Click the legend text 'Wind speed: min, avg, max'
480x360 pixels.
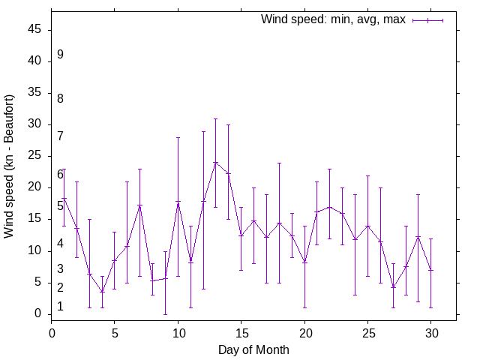tap(333, 19)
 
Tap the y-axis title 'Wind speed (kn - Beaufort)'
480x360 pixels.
tap(9, 166)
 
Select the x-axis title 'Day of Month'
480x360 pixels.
tap(253, 349)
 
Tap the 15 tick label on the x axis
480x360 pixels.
tap(241, 332)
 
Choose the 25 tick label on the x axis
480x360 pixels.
tap(367, 332)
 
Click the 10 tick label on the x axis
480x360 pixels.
tap(178, 332)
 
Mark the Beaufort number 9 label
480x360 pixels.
tap(60, 55)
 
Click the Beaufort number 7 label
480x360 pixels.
tap(60, 136)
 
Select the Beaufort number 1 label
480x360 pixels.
tap(60, 306)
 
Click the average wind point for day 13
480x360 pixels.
tap(215, 162)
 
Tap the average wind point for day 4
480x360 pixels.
tap(102, 292)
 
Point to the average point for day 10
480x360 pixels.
tap(178, 202)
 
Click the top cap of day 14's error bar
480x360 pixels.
tap(228, 124)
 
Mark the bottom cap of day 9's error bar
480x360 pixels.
tap(165, 313)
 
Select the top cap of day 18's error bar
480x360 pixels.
tap(279, 163)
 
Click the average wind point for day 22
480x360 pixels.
tap(329, 206)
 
